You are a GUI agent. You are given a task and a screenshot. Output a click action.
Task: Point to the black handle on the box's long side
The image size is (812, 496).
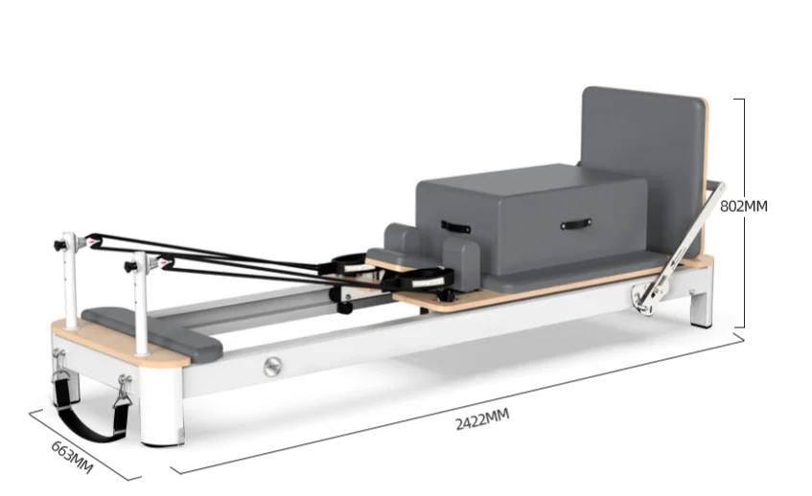click(x=575, y=223)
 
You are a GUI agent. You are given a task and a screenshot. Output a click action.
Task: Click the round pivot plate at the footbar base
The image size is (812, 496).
click(x=641, y=303)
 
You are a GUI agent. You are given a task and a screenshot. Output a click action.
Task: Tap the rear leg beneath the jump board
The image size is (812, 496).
click(x=703, y=304)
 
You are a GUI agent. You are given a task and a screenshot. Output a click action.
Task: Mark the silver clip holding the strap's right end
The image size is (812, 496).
click(x=124, y=389)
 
